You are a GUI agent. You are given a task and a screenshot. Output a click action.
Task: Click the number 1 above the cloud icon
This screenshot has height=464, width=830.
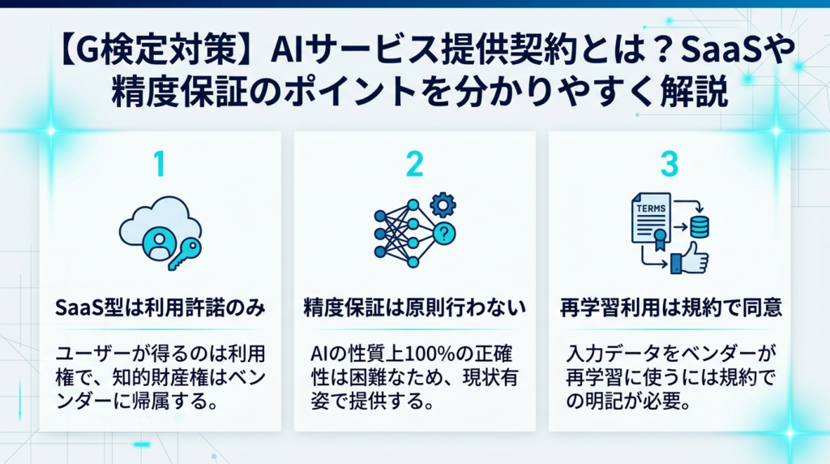[160, 164]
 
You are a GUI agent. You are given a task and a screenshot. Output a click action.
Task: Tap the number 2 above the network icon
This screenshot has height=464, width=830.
[414, 164]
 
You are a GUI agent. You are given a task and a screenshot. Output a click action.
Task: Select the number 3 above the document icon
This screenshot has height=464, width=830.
[670, 164]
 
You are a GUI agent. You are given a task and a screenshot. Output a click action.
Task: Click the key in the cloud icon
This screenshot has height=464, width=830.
[185, 254]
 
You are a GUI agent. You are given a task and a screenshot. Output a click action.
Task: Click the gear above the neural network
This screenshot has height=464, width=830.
[443, 205]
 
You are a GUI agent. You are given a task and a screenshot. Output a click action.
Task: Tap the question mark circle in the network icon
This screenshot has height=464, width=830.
[444, 233]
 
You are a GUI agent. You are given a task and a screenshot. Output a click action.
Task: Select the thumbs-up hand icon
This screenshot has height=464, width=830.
[690, 258]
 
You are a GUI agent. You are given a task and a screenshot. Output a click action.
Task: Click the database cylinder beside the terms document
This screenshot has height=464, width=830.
[700, 226]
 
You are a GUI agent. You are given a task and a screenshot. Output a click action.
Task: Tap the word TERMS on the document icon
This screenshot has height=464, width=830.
[651, 208]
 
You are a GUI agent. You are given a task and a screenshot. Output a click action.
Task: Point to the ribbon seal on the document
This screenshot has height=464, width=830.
[660, 240]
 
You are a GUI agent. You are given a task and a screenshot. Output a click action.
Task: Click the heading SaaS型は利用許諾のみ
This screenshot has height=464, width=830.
[160, 307]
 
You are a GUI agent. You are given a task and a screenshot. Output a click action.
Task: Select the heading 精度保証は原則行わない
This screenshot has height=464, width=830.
[414, 307]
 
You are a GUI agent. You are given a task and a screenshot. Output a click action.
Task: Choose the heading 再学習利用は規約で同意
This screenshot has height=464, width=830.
[670, 307]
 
